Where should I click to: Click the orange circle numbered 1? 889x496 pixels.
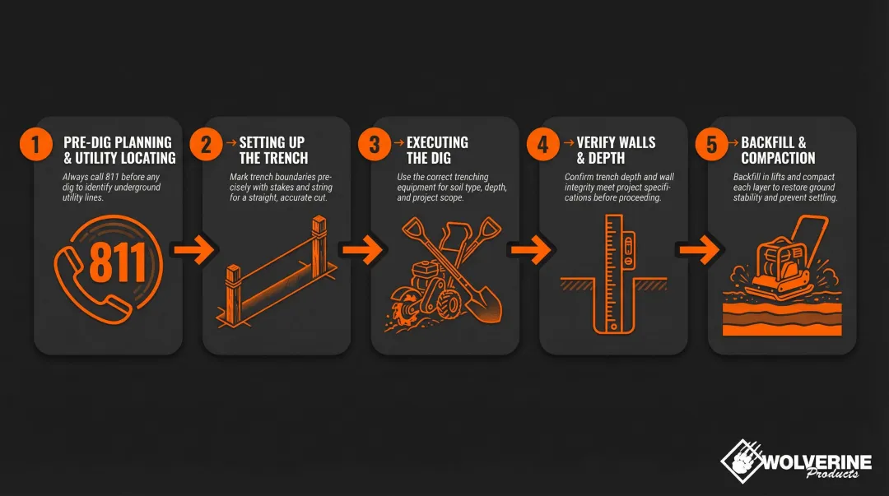coord(35,145)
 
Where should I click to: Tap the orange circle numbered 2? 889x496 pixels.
coord(206,145)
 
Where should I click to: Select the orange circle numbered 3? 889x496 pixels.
coord(375,145)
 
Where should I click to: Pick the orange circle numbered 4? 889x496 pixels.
coord(542,145)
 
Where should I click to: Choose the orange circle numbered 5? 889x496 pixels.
coord(712,145)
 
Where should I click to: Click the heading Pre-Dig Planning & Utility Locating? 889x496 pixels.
coord(119,150)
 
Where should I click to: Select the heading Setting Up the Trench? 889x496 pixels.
coord(274,150)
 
